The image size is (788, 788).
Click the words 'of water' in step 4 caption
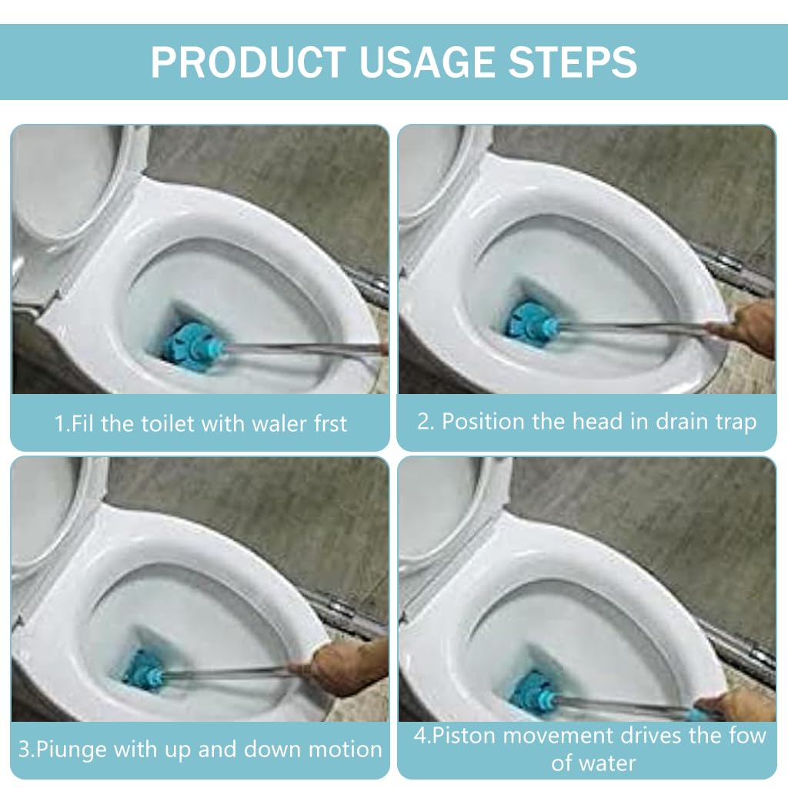593,763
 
